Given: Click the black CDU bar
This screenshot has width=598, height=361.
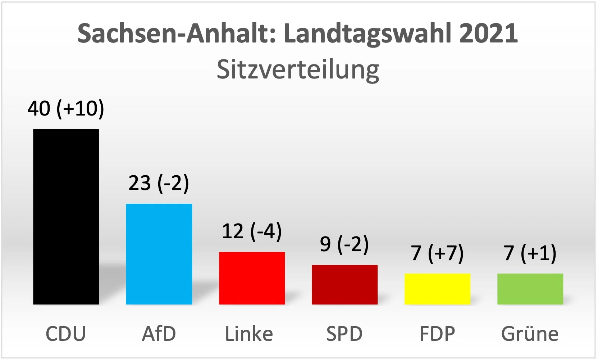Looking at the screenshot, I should pos(66,217).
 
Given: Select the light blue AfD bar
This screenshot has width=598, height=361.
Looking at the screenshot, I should pos(159,254).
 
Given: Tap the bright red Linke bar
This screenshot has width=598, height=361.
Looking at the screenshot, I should pos(252,278).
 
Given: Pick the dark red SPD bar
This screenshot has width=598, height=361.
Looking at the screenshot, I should pos(344,285).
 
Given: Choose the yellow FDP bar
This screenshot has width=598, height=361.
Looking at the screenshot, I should pos(437,289).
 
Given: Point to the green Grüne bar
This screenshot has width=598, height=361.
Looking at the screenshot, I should pos(530,289).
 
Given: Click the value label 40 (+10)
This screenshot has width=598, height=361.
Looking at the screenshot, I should pos(66,108).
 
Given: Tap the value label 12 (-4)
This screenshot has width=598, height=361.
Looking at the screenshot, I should pos(252,231).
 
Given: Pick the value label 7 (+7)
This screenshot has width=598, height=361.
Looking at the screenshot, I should pos(437,253).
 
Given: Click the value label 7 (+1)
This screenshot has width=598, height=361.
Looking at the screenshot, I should pos(530,253).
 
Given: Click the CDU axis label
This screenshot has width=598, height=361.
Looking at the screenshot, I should pos(66,334).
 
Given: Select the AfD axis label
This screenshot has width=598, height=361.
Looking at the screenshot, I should pos(159,334).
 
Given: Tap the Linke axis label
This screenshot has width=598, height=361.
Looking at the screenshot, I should pos(249,334).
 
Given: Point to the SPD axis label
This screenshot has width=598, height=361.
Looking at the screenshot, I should pos(344,334).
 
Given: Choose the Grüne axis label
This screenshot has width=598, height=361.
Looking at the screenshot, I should pos(530,334).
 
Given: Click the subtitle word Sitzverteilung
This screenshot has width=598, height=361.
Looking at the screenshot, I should pos(298,70).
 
